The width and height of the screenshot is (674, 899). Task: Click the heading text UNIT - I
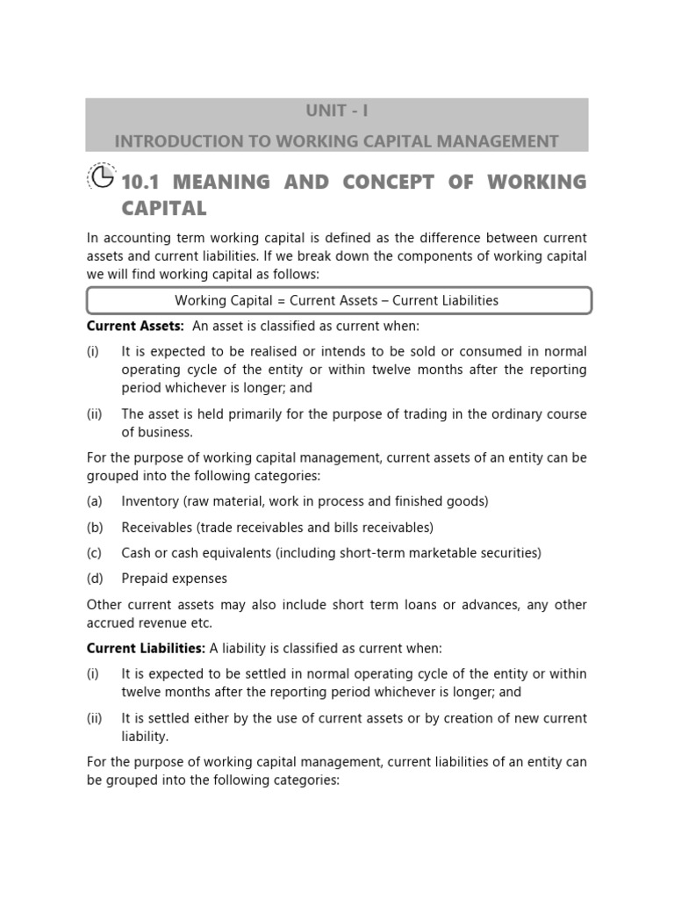337,112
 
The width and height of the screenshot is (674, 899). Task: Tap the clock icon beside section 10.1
102,179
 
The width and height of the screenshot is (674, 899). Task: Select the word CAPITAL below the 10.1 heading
164,208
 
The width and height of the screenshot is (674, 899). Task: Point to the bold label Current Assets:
135,326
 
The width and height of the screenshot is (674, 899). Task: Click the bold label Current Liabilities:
146,648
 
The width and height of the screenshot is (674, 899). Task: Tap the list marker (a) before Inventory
95,501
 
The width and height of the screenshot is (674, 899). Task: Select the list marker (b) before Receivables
95,528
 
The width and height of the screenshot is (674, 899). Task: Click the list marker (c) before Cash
95,553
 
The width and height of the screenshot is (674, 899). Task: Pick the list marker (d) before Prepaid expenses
95,579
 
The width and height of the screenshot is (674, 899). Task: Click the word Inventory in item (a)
150,501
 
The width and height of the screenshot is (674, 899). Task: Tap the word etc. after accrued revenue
201,622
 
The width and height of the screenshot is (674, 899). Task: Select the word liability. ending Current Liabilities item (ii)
145,736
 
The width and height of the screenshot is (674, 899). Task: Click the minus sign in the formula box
384,300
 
